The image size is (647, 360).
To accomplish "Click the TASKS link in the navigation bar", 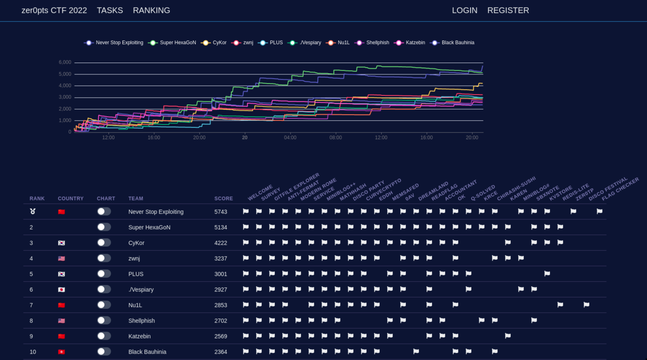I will click(x=110, y=10).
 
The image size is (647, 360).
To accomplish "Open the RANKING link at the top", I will click(x=152, y=10).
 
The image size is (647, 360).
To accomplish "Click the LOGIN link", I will click(x=464, y=10).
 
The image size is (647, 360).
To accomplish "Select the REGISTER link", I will click(x=508, y=10).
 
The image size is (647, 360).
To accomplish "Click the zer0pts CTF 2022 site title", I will click(x=54, y=10).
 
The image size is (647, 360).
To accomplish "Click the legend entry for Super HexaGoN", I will click(x=173, y=43).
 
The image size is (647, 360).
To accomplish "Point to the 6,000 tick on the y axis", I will click(x=65, y=63).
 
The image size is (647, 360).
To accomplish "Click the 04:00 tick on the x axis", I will click(x=290, y=137).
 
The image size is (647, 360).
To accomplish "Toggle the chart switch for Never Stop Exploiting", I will click(x=104, y=212).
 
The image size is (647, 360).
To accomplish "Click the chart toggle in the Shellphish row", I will click(x=104, y=321).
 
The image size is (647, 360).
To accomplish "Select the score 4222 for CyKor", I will click(x=221, y=243).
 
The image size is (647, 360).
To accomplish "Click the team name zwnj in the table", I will click(x=134, y=259).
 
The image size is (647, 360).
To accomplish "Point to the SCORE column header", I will click(x=224, y=198).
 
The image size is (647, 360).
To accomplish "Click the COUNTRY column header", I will click(x=71, y=198).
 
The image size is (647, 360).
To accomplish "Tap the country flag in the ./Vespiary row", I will click(x=61, y=289).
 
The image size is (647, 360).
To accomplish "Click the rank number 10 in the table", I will click(x=33, y=352).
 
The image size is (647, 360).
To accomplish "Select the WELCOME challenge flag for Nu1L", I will click(x=246, y=305).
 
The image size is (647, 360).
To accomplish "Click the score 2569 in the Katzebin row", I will click(x=221, y=336).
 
